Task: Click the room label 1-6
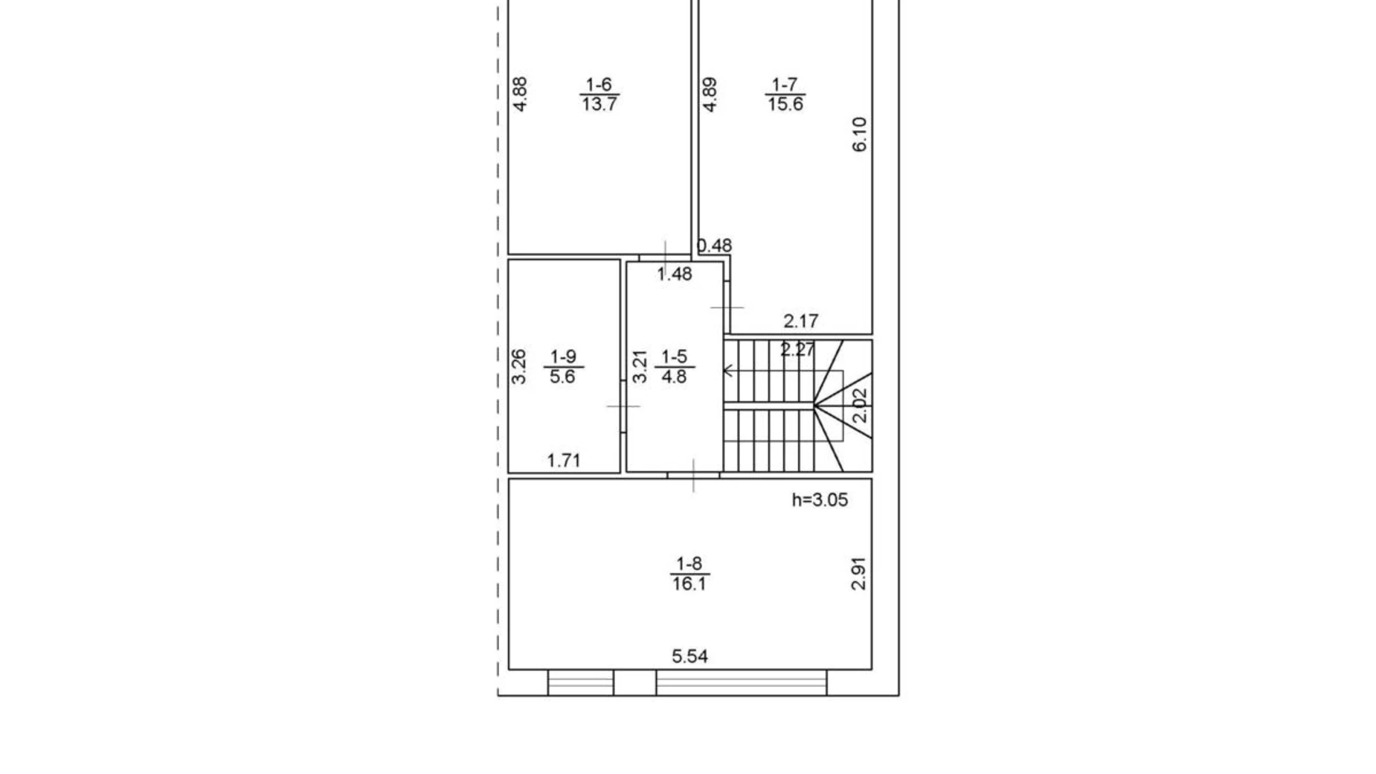pos(598,84)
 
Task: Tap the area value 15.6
pos(785,104)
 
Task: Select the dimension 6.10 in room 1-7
pos(859,134)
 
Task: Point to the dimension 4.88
pos(521,95)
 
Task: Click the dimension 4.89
pos(710,95)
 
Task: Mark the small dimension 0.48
pos(715,245)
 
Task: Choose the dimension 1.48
pos(675,274)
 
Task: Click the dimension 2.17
pos(800,321)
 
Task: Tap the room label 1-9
pos(563,356)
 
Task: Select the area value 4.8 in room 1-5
pos(674,377)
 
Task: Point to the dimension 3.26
pos(519,366)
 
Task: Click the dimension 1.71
pos(563,460)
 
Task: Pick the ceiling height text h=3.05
pos(820,499)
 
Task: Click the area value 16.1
pos(689,583)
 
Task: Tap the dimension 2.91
pos(858,573)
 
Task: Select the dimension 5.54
pos(689,656)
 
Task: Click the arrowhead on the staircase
pos(728,369)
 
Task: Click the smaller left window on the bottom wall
pos(580,682)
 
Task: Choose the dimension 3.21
pos(639,366)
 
